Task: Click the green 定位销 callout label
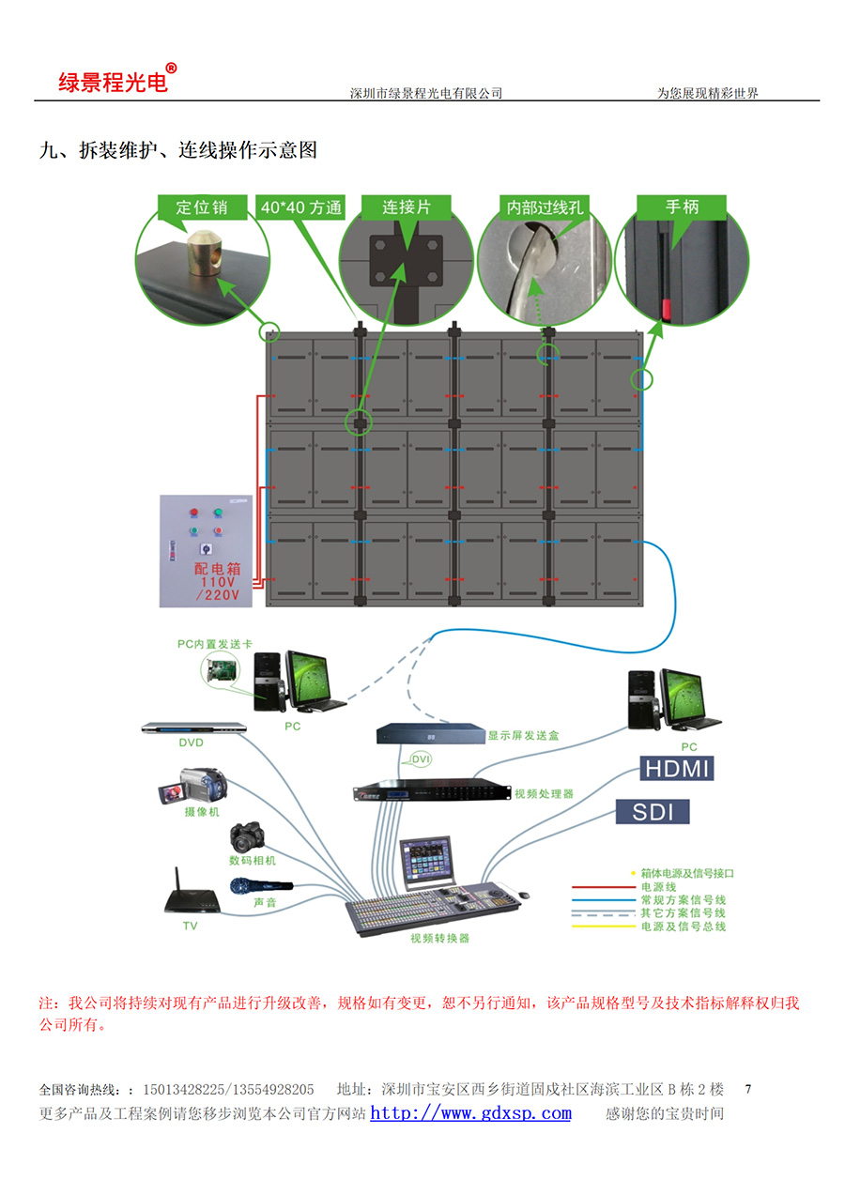tap(202, 207)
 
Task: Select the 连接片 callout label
tap(405, 207)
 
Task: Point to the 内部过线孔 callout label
tap(545, 207)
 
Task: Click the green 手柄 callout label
tap(682, 207)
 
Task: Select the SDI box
tap(653, 811)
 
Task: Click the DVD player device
tap(193, 728)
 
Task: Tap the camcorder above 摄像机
tap(194, 787)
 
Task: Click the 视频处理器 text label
tap(544, 794)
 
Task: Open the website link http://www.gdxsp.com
tap(470, 1114)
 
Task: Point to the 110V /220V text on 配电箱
tap(218, 588)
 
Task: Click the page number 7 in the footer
tap(748, 1090)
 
